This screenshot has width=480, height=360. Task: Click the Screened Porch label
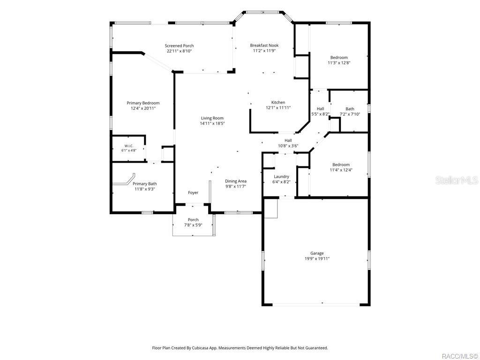179,45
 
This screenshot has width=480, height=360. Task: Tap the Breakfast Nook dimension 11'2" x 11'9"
264,51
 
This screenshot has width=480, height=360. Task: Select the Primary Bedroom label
143,103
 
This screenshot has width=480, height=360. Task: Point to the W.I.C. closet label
129,146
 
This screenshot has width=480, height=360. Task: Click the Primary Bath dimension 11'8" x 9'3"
144,189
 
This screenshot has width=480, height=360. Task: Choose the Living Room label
212,118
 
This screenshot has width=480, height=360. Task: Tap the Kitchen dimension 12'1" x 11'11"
278,108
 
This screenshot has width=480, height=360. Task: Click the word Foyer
193,193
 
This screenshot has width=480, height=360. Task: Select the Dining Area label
236,181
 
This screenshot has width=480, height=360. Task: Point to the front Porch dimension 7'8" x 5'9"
193,225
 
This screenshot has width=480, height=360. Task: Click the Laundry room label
281,177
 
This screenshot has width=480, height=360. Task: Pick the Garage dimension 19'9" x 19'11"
317,259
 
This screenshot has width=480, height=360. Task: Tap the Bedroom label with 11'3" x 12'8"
339,58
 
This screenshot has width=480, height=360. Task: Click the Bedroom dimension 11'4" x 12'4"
341,170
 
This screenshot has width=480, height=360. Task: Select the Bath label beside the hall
350,109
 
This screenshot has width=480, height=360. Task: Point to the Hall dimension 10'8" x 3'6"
288,146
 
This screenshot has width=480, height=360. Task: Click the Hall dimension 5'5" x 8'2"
320,114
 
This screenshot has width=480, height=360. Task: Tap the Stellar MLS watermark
457,180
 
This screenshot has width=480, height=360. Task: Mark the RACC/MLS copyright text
460,356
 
